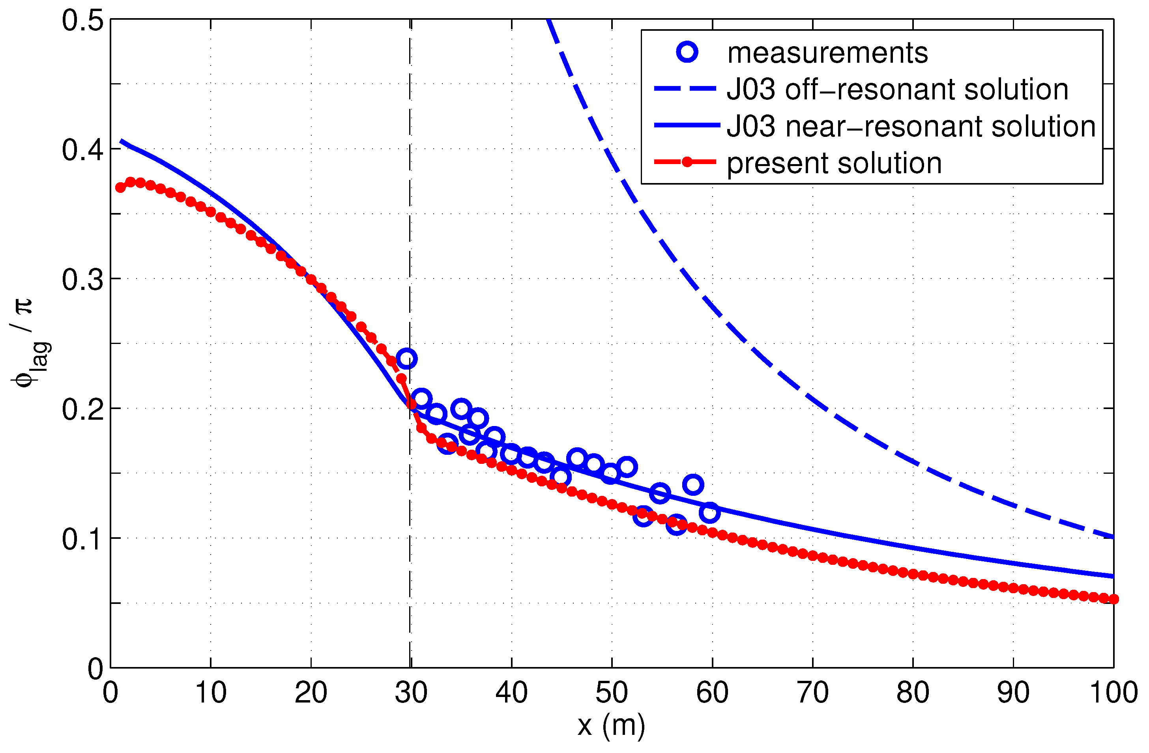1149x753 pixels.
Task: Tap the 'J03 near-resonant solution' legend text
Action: click(911, 127)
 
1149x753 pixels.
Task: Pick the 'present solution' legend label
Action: click(834, 163)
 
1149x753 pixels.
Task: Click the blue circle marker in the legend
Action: click(687, 52)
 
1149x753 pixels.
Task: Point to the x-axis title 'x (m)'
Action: click(611, 725)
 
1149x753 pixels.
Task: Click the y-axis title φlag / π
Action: click(29, 343)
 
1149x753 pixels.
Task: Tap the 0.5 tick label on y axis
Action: click(82, 21)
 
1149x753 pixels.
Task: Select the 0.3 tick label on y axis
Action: click(82, 280)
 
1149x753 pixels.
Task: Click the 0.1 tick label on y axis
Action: click(82, 539)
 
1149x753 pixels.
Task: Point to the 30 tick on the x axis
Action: click(411, 693)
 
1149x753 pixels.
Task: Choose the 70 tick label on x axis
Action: click(812, 693)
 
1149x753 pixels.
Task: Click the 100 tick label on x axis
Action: click(1113, 693)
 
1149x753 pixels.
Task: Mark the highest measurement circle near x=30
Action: click(406, 359)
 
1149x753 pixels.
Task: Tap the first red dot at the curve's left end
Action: click(121, 188)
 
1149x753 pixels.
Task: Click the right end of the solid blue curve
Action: click(1113, 576)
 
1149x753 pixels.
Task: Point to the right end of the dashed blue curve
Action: click(1113, 537)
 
